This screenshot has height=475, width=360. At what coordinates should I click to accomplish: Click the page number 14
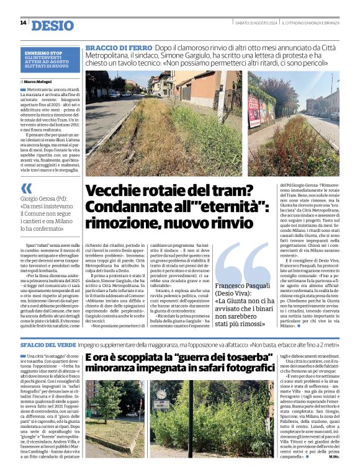(23, 23)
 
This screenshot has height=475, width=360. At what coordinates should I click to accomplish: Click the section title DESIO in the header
(52, 25)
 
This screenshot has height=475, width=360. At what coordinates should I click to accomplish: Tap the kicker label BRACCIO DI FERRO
(118, 48)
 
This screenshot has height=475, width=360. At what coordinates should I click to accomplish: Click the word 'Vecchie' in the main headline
(116, 191)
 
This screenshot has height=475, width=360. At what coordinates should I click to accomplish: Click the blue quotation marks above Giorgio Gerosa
(26, 189)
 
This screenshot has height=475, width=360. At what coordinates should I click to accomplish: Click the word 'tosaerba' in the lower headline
(204, 358)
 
